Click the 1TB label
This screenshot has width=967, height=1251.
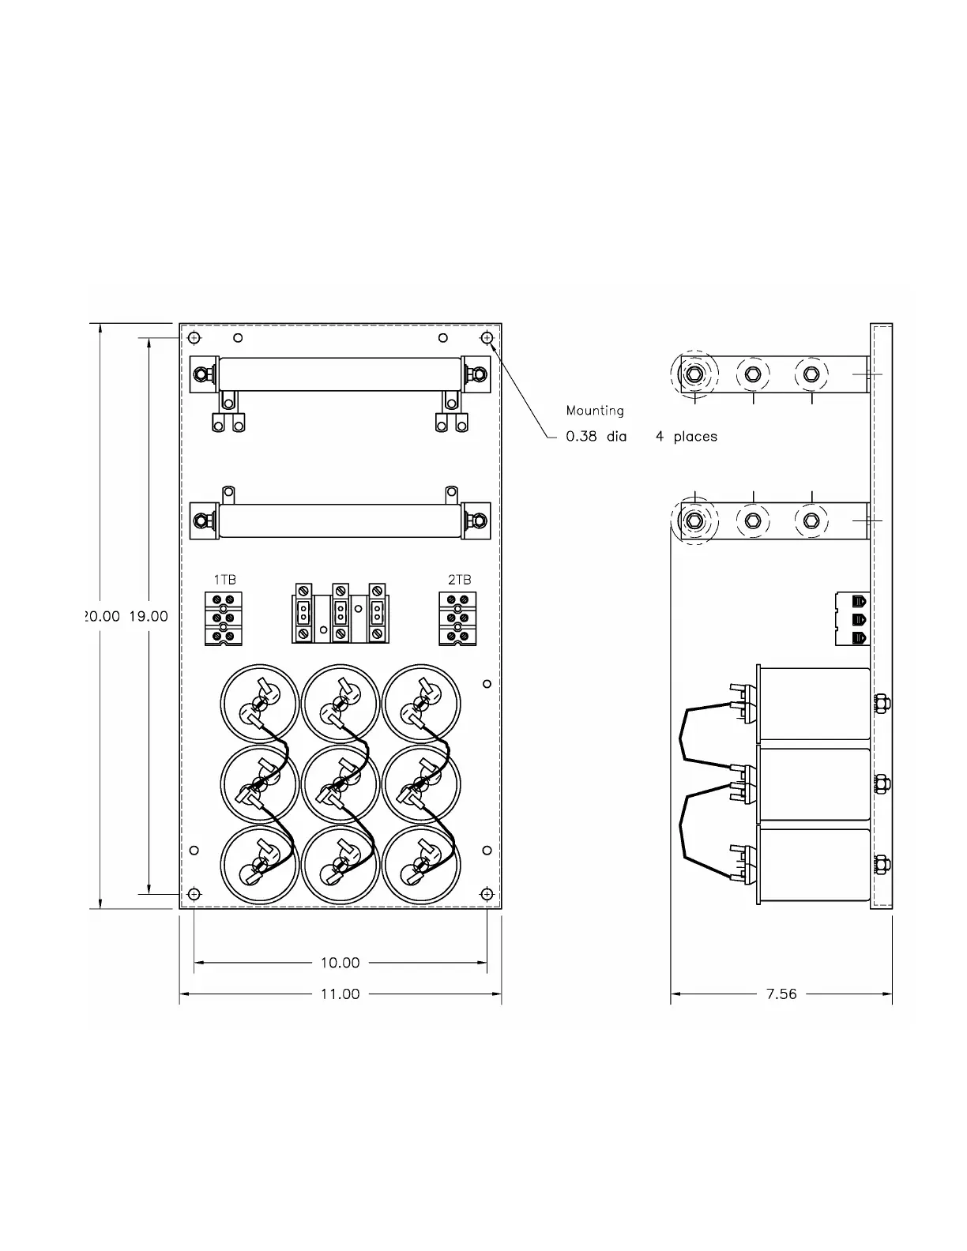(224, 580)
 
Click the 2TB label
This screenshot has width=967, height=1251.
(459, 580)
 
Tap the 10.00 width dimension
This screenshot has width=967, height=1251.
(340, 963)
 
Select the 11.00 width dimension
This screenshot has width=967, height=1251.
(340, 994)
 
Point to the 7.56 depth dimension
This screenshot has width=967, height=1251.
(781, 994)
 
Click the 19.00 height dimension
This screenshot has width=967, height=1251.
(149, 616)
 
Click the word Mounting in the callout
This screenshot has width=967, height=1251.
(595, 411)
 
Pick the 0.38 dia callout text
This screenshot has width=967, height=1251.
(596, 436)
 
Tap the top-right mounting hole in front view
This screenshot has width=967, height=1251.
(487, 338)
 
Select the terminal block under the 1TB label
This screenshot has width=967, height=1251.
(224, 618)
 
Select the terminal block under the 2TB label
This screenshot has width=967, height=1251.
(457, 618)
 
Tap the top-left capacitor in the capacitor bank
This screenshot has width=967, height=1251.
(259, 703)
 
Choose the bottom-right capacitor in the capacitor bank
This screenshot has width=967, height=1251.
(421, 865)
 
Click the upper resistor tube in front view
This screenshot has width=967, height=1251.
(340, 374)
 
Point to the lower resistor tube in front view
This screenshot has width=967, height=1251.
(340, 521)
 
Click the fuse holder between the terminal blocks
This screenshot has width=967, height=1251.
(341, 613)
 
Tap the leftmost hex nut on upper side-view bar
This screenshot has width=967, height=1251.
(694, 374)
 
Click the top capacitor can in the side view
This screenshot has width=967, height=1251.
(814, 704)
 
